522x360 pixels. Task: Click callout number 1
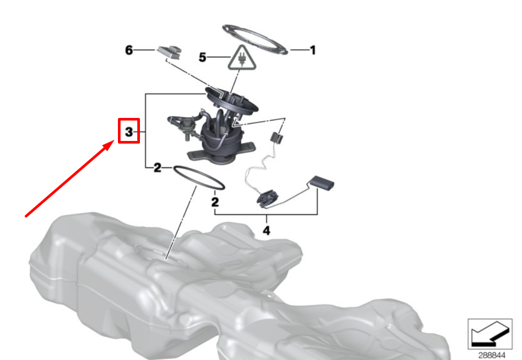point(312,50)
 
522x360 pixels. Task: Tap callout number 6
point(129,50)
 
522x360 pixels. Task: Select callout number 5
point(202,58)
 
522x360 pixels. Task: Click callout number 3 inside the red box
point(129,132)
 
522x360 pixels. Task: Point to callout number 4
point(266,230)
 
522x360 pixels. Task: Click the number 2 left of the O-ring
point(157,168)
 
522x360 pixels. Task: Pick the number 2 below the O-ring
point(215,202)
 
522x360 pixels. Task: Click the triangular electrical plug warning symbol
point(242,58)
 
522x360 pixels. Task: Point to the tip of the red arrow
point(114,141)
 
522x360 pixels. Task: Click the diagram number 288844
point(492,355)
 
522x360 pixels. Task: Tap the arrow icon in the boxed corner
point(490,334)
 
